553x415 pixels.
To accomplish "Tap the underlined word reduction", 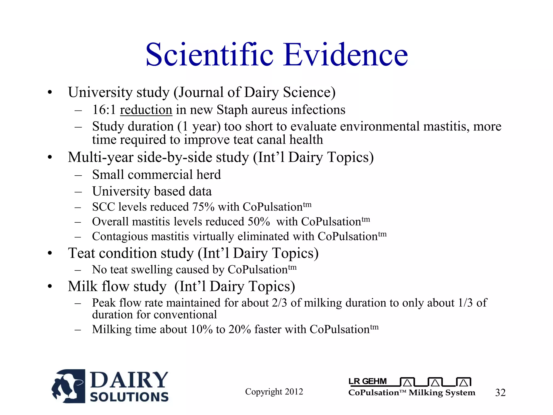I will point(146,110).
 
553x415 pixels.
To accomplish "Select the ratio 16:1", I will point(104,110).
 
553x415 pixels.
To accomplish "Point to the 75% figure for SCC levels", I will point(203,207).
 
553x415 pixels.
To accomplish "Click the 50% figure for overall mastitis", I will point(259,222).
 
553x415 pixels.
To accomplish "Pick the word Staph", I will point(232,110).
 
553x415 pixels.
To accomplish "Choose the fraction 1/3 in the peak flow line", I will point(466,303).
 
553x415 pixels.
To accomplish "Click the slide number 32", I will point(500,393).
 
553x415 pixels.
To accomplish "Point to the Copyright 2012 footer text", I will point(274,391).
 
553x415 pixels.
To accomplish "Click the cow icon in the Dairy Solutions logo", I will point(69,386).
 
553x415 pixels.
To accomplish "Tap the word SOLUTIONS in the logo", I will point(129,397).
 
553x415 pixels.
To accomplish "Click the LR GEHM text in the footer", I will point(367,381).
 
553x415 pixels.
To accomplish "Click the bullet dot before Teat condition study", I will point(50,253).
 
